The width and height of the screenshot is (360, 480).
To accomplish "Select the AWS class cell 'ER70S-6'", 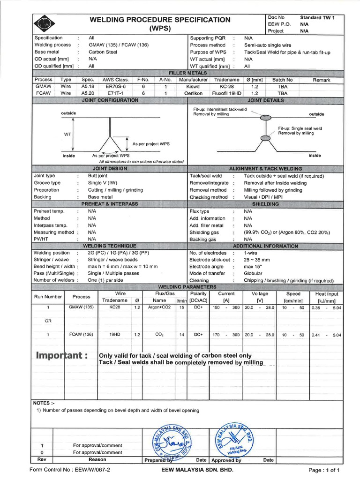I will pos(115,87).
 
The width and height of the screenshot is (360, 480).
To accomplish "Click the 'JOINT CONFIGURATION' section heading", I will pos(110,100).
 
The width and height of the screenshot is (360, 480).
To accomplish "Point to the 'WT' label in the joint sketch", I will pos(67,134).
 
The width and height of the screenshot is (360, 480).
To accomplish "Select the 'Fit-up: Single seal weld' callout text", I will pos(300,128).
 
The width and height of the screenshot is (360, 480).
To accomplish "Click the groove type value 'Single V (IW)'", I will pos(103,183).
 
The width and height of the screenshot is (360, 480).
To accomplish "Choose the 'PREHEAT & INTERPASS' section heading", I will pos(110,204).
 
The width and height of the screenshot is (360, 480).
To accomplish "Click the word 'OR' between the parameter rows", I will pos(48,321).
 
